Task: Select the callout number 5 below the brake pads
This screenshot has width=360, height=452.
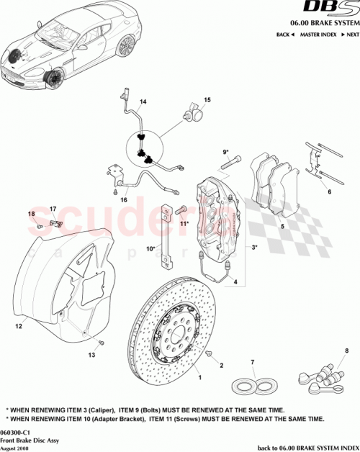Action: (x=283, y=227)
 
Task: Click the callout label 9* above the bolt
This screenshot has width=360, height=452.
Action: (x=225, y=152)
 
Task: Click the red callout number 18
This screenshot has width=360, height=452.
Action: (x=31, y=214)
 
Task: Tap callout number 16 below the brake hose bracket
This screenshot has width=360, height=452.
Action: (x=123, y=200)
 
